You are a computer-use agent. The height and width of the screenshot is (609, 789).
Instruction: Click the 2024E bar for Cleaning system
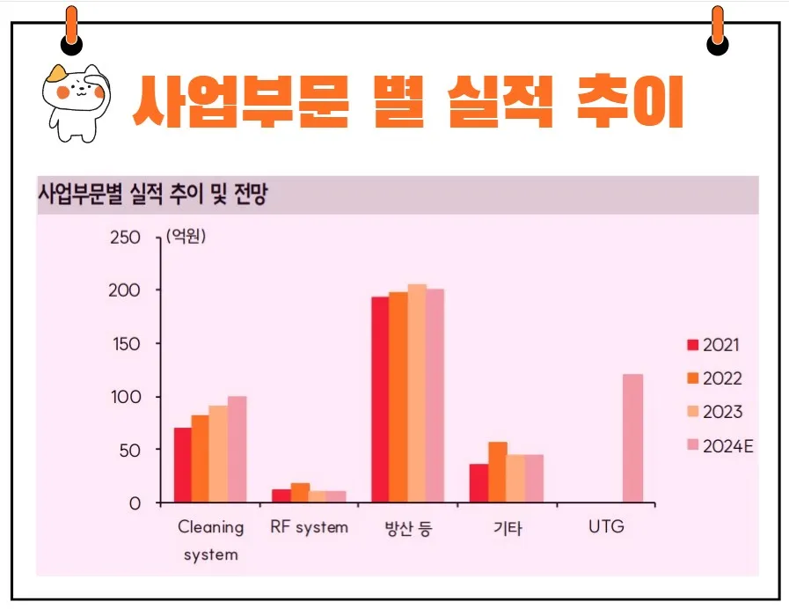pyautogui.click(x=237, y=450)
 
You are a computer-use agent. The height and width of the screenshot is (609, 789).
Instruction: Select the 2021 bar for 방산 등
pyautogui.click(x=380, y=400)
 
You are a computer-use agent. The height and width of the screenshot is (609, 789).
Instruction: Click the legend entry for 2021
pyautogui.click(x=713, y=344)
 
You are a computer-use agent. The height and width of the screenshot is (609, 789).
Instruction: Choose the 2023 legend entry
pyautogui.click(x=713, y=412)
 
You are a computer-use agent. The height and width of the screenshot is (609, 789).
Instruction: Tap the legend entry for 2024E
pyautogui.click(x=719, y=446)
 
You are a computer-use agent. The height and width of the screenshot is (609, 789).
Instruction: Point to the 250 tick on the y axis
pyautogui.click(x=126, y=238)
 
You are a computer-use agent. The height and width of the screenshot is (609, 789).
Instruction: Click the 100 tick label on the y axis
pyautogui.click(x=126, y=397)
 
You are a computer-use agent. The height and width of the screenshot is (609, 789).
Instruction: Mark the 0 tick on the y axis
pyautogui.click(x=134, y=503)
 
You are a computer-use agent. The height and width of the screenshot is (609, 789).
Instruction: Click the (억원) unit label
pyautogui.click(x=186, y=236)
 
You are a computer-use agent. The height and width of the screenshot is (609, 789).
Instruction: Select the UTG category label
pyautogui.click(x=605, y=528)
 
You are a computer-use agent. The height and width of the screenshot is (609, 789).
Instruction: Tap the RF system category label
pyautogui.click(x=309, y=528)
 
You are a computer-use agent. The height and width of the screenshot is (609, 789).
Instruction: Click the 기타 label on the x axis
pyautogui.click(x=507, y=529)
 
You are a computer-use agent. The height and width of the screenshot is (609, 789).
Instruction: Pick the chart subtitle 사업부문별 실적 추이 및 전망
pyautogui.click(x=152, y=194)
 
